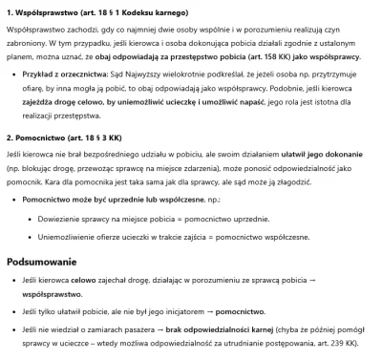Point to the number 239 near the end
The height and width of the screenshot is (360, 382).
pos(346,341)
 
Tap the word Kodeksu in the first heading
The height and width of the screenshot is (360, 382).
pos(135,11)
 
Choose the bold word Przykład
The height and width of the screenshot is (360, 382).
pos(38,95)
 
